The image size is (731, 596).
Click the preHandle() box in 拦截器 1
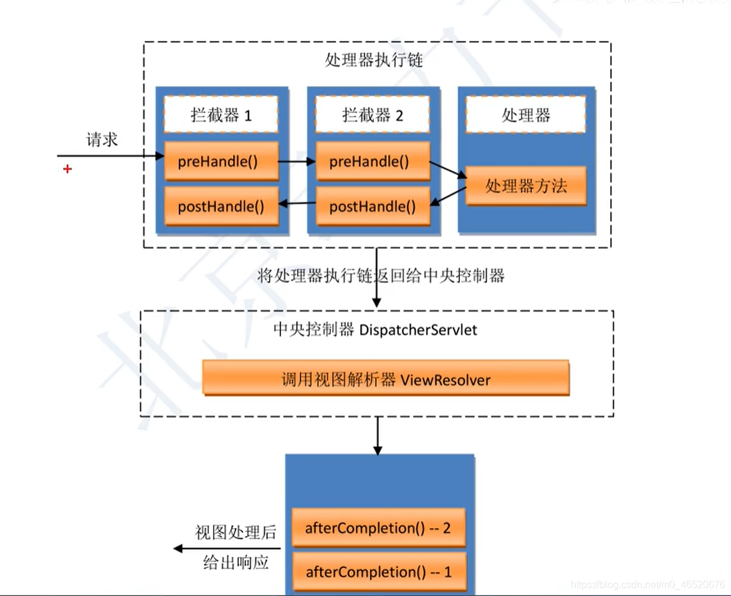220,161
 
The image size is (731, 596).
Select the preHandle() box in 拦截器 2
372,161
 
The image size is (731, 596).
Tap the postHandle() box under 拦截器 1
220,206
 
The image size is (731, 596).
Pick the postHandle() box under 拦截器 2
372,206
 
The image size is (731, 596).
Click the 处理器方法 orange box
525,186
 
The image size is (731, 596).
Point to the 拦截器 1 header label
221,115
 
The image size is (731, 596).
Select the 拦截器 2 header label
373,115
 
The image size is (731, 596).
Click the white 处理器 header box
525,115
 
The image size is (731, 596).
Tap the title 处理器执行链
374,60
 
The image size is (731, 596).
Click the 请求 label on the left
102,140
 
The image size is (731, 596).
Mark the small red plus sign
67,169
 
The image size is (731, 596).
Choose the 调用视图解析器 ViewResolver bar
386,378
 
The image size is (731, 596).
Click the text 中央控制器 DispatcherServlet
375,330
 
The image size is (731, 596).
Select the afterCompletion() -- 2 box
378,528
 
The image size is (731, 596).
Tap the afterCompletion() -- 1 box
378,572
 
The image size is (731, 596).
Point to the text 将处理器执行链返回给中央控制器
381,276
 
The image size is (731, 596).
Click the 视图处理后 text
235,532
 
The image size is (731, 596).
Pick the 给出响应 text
236,562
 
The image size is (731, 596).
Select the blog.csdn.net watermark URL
648,585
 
